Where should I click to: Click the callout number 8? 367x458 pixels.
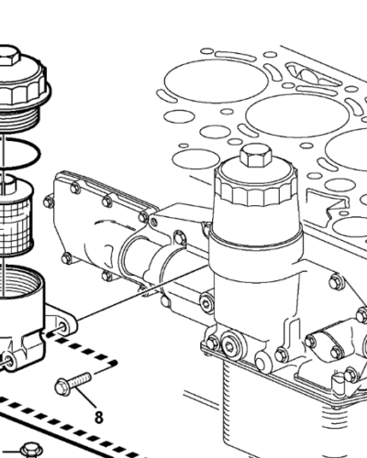coord(98,417)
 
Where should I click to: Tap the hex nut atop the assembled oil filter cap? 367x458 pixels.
coord(256,156)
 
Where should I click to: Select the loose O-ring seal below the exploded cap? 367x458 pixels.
coord(20,153)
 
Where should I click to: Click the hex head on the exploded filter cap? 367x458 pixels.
coord(9,56)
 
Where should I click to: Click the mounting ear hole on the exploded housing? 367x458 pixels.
coord(63,327)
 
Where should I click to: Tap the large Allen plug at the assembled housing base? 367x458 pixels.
coord(229,345)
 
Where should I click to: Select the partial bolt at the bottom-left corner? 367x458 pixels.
coord(31,451)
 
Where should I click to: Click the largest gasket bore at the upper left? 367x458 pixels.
coord(216,81)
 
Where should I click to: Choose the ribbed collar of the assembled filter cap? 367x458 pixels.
coord(256,191)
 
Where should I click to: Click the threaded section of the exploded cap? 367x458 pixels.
coord(18,120)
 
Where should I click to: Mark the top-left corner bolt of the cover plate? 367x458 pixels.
coord(75,188)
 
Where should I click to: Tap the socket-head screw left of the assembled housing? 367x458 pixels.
coord(207,302)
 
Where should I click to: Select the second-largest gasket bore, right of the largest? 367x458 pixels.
coord(298,115)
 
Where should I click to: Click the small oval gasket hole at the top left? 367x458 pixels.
coord(206,51)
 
